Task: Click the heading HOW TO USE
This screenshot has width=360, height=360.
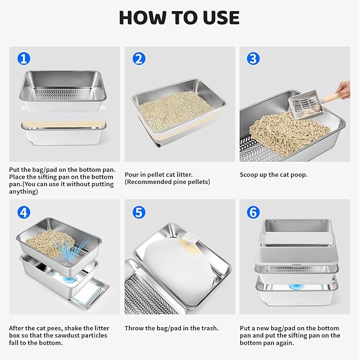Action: [x=179, y=17]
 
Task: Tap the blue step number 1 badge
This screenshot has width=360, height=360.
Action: [x=23, y=58]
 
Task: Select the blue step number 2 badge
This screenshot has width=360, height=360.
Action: [x=138, y=58]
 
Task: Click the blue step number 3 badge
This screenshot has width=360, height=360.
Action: [x=253, y=58]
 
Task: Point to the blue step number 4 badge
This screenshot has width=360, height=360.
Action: [x=23, y=212]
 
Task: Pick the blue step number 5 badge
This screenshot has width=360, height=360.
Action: [x=138, y=212]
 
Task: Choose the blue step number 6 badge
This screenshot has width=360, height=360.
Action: [x=253, y=212]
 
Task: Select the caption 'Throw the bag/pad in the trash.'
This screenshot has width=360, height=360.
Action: [x=171, y=328]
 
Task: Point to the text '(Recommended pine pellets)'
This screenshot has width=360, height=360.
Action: [x=167, y=182]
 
